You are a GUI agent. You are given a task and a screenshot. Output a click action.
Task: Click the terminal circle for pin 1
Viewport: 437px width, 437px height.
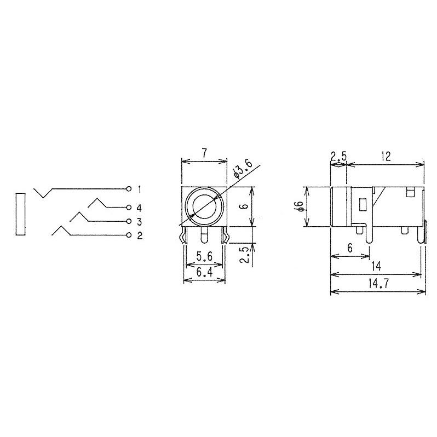coord(129,189)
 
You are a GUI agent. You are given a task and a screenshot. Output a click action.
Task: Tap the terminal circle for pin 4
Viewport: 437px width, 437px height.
coord(129,208)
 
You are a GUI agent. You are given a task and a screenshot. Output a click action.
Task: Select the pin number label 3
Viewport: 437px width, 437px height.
coord(140,221)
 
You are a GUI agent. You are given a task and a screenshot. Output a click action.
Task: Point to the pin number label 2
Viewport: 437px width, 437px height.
coord(140,235)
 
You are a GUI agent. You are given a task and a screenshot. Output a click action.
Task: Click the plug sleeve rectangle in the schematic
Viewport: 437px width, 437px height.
coord(21,214)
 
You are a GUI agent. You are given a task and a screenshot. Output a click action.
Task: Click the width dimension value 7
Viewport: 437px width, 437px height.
coord(204,154)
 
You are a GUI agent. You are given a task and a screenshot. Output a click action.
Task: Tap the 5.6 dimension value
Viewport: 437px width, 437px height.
coord(203,255)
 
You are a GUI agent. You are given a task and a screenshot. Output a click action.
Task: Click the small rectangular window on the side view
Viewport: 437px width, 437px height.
coord(363,205)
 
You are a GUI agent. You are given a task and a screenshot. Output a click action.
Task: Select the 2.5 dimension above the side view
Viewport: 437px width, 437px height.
coord(338,157)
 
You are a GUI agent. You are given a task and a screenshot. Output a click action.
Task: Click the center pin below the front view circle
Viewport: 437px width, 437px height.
coord(204,237)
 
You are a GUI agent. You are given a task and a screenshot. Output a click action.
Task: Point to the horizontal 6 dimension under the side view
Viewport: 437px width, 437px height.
coord(349,248)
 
